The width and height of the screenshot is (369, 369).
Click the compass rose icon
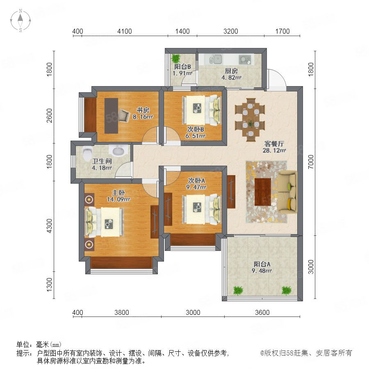pos(20,20)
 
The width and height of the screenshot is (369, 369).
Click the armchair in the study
pos(124,115)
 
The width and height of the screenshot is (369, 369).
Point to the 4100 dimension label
pos(125,31)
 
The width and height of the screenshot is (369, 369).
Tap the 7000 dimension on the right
pos(311,162)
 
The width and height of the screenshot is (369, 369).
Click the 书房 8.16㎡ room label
pos(143,114)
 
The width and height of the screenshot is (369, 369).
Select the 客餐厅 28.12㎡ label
pos(274,147)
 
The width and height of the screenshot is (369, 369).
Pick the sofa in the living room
pos(288,192)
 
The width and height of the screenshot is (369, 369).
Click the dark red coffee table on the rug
pos(263,192)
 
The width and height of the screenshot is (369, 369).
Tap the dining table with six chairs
pos(250,120)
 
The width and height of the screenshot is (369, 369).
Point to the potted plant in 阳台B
pos(175,58)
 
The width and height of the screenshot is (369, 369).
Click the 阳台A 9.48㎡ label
pos(262,268)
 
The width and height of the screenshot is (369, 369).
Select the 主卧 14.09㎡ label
pos(118,196)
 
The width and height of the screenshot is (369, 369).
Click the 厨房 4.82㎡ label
pos(231,74)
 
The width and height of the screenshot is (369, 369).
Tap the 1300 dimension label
pos(49,285)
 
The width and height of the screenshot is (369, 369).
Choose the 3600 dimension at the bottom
pos(262,312)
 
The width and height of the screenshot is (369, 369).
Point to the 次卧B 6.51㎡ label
pos(196,132)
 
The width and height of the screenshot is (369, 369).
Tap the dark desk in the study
pos(111,116)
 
